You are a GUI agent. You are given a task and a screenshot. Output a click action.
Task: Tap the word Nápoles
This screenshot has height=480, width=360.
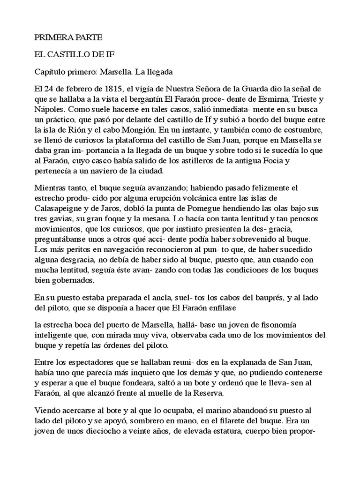pyautogui.click(x=50, y=110)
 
